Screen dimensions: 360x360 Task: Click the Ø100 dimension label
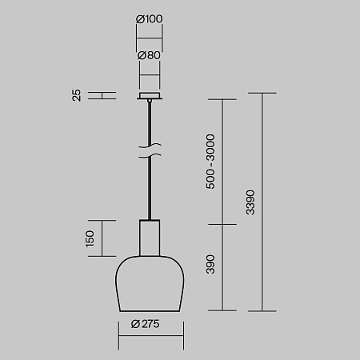point(149,19)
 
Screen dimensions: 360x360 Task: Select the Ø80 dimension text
point(149,55)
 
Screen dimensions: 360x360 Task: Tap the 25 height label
point(77,95)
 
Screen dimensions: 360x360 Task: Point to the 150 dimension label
point(90,238)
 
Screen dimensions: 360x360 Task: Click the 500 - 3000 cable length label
point(210,162)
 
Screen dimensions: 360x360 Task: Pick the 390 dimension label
point(210,264)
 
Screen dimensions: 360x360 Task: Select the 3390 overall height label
point(250,202)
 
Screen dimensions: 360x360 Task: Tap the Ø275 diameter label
point(146,324)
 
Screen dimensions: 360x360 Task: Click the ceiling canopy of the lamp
point(150,96)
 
